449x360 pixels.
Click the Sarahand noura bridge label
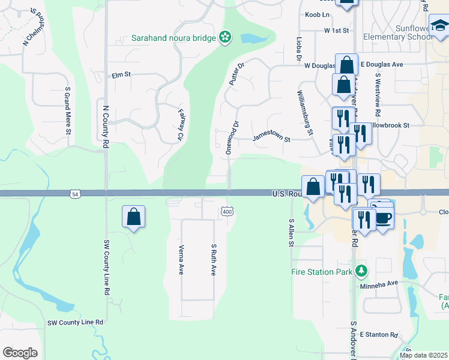pos(174,38)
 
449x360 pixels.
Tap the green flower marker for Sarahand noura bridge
pos(225,38)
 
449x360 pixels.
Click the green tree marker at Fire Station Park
pos(361,272)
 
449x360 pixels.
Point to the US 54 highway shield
pos(74,194)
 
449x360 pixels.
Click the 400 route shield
pos(226,211)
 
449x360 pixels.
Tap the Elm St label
pos(121,75)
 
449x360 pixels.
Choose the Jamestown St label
pos(271,137)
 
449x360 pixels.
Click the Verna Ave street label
pos(181,259)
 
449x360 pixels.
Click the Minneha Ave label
pos(379,283)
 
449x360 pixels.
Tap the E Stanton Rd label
pos(379,335)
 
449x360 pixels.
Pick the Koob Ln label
pos(318,14)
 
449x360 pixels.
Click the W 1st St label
pos(336,29)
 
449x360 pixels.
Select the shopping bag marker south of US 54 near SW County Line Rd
pos(133,217)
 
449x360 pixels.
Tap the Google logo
pos(20,353)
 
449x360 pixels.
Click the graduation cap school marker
pos(439,25)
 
